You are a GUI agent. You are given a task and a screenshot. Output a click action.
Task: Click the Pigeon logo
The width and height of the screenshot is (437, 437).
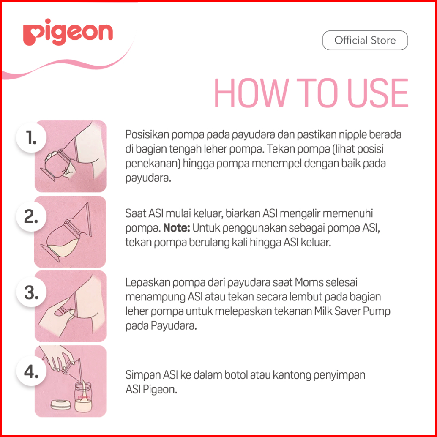coord(68,32)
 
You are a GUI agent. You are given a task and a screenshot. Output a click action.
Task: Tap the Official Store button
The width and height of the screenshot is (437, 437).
coord(365,41)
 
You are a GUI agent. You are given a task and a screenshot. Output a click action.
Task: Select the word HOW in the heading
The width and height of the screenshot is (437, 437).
coord(251,93)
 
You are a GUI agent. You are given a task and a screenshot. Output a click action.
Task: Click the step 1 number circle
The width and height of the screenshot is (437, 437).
coord(31,138)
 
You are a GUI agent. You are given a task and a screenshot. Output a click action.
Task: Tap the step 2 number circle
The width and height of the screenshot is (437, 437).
coord(31,216)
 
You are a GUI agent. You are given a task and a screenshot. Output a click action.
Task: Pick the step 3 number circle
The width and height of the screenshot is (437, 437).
coord(31,292)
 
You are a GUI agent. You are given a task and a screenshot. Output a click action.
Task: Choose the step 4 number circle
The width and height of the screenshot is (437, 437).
coord(31,371)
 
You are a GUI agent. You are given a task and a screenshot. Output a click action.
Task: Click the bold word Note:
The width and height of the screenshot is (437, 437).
coord(176,228)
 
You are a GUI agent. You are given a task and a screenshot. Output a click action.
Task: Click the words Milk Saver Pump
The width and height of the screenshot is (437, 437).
coord(352,311)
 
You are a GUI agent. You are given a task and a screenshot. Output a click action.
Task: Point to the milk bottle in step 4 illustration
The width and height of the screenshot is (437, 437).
coord(83,397)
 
